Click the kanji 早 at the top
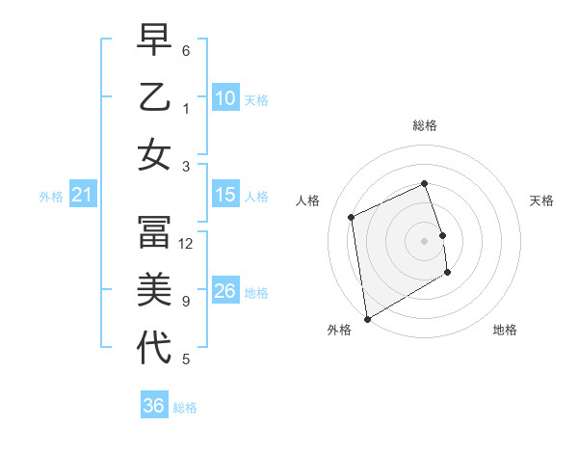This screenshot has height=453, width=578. tap(154, 41)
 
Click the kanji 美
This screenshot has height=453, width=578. tap(154, 290)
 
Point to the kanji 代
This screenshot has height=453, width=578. tap(154, 347)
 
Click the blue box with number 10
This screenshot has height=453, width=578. tap(225, 98)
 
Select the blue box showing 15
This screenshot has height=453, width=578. tap(225, 196)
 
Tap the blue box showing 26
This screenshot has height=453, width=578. tap(225, 291)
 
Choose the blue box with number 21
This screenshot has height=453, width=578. tap(83, 196)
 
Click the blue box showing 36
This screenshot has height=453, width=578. tap(154, 406)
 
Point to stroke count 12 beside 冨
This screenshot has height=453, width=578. tap(187, 244)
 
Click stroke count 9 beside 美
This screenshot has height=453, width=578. tap(185, 302)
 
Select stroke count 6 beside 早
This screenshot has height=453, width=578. tap(185, 50)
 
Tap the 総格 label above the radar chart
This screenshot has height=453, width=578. tap(425, 125)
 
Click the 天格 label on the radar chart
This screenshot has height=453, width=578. tap(542, 200)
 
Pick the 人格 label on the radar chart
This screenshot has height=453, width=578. tap(308, 200)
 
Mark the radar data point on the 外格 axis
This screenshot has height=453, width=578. tap(367, 319)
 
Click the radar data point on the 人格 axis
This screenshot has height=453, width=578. tap(352, 217)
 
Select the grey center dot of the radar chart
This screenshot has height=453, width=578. tap(425, 240)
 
